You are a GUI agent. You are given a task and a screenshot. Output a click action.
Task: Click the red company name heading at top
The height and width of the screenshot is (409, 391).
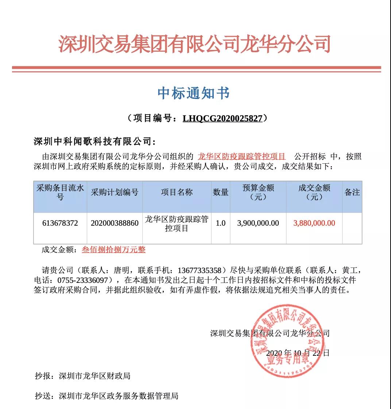[195, 44]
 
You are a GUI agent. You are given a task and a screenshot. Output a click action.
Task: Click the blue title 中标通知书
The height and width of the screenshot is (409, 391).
[194, 93]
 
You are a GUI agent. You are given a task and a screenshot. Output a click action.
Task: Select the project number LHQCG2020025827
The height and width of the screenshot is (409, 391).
[222, 118]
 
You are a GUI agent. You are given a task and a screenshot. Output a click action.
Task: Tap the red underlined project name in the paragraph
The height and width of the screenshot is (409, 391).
[241, 157]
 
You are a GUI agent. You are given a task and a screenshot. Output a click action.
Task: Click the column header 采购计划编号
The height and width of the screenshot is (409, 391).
[115, 192]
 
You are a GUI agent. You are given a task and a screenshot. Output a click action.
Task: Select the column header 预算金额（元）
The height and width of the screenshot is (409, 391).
[258, 192]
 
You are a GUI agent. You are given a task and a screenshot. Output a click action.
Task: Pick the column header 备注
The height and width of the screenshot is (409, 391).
[352, 192]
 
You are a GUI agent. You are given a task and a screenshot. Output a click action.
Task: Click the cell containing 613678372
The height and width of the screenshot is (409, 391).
[60, 223]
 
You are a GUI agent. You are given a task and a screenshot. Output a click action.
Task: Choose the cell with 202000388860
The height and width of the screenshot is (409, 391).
[115, 223]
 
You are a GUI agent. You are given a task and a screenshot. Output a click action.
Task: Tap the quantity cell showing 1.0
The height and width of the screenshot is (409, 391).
[221, 223]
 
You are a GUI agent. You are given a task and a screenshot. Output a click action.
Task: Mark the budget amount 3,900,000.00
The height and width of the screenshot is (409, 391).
[258, 223]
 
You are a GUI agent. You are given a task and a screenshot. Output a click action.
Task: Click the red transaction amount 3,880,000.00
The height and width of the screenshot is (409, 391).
[314, 223]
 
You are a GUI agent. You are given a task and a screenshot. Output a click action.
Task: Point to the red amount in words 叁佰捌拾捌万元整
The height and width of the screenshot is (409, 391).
[113, 250]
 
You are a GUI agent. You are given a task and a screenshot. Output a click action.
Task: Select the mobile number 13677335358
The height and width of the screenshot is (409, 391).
[200, 270]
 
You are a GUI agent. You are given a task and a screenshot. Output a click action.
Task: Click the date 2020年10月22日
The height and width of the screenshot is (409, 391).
[298, 353]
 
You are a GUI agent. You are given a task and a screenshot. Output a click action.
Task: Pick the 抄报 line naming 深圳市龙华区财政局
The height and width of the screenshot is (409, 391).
[83, 376]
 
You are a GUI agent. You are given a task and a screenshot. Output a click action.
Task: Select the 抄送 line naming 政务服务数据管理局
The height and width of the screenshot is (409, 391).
[107, 396]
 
